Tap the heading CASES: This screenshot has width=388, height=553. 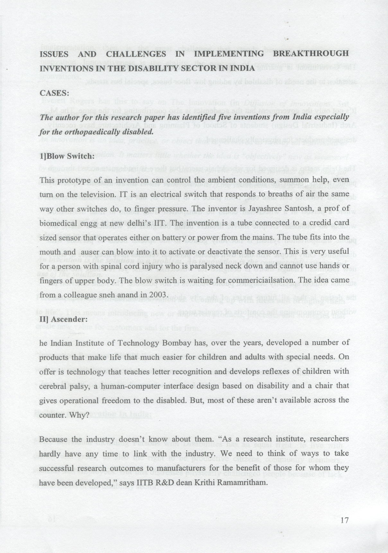[54, 93]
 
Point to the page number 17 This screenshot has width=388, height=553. [344, 520]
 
